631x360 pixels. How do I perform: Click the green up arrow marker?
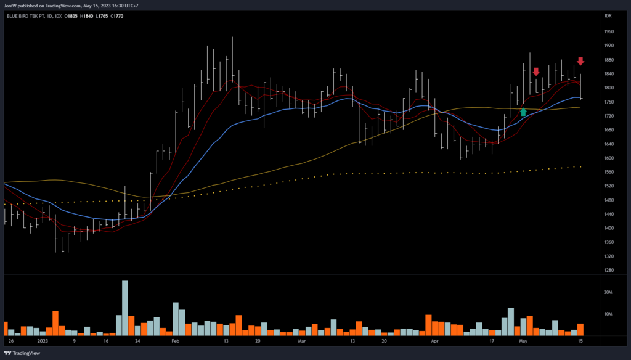(523, 112)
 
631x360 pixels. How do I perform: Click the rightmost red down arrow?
(580, 61)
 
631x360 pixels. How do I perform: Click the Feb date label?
(175, 340)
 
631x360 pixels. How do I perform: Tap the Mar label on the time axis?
(302, 340)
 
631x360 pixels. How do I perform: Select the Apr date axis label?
(434, 340)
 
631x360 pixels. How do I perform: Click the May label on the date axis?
(523, 340)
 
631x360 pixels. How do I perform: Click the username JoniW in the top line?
(13, 6)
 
